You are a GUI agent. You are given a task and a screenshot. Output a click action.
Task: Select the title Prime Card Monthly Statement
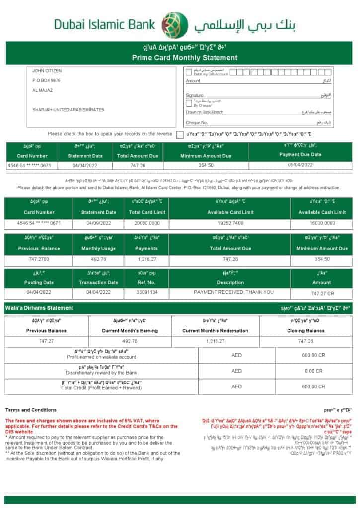185,58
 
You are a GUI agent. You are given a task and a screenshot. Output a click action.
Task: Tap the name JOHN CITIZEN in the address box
47,71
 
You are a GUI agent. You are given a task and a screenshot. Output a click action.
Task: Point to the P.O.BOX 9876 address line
47,80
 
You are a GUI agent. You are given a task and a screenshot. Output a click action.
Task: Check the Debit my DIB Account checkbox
189,72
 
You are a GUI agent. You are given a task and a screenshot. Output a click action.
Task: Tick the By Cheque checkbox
189,103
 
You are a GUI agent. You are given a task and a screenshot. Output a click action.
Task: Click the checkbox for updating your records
180,134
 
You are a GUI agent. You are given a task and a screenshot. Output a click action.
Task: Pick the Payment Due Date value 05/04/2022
300,165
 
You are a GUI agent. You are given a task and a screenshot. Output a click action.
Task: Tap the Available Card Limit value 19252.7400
230,223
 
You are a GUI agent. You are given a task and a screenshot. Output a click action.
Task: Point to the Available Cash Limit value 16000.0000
321,223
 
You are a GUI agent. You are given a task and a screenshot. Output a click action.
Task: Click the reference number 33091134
147,292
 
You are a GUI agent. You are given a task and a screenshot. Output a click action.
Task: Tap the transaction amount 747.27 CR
321,293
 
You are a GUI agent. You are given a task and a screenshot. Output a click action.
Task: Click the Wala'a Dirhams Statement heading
39,308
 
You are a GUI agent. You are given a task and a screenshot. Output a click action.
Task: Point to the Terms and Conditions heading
31,410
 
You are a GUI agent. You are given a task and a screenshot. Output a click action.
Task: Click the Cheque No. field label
197,122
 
